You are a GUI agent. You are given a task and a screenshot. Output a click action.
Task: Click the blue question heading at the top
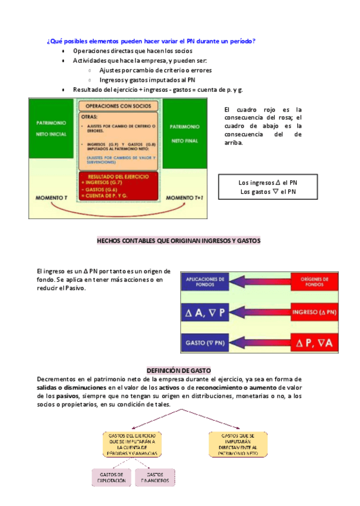[x=151, y=41]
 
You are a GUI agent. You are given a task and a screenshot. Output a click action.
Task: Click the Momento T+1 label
[x=186, y=197]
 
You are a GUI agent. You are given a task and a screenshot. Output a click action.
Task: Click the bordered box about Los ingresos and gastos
[x=267, y=187]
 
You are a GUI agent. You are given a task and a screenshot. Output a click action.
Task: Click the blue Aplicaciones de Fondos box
[x=205, y=281]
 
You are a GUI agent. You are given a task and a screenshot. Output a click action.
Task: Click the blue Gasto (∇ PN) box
[x=205, y=343]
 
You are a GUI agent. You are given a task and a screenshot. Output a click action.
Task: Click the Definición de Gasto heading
[x=179, y=371]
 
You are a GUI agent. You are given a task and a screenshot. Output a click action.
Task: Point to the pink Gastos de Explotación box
[x=112, y=477]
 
